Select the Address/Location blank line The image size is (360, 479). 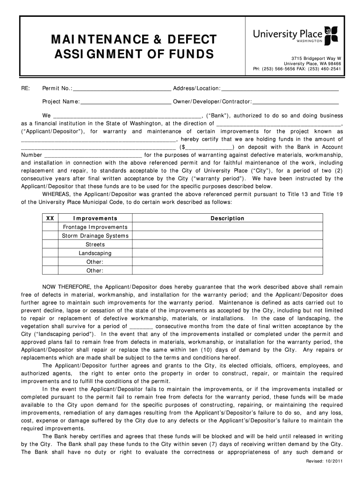click(x=280, y=89)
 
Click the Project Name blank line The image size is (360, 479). click(x=126, y=101)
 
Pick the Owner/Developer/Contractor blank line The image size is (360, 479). click(x=295, y=101)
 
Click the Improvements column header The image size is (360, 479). click(x=95, y=218)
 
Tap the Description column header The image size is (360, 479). click(x=227, y=218)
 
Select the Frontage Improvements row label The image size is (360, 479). click(x=95, y=227)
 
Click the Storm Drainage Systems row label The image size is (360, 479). click(x=95, y=236)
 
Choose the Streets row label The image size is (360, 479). click(x=95, y=245)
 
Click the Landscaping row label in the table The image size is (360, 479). click(x=95, y=253)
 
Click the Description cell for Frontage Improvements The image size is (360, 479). click(x=227, y=227)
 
